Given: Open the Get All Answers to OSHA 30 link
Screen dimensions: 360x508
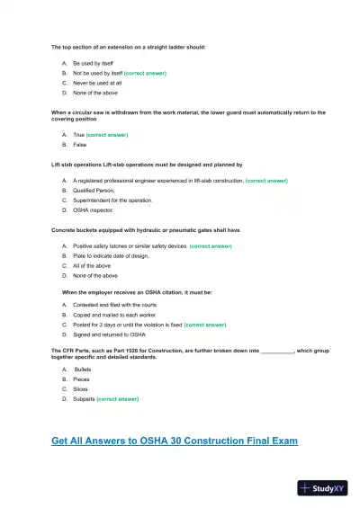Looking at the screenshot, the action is (175, 441).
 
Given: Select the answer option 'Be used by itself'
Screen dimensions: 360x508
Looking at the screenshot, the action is (93, 64).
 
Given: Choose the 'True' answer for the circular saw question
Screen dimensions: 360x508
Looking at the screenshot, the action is (78, 134).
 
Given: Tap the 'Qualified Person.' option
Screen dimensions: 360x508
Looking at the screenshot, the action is (96, 191).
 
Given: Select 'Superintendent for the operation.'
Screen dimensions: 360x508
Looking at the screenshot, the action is (112, 201).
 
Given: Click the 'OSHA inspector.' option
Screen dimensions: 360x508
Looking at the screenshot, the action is (94, 210).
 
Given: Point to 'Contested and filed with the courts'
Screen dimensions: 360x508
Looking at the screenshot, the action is (114, 304).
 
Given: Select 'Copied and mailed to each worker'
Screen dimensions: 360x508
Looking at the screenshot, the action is (113, 314).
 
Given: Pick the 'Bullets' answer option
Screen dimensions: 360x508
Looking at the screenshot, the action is (83, 370).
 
